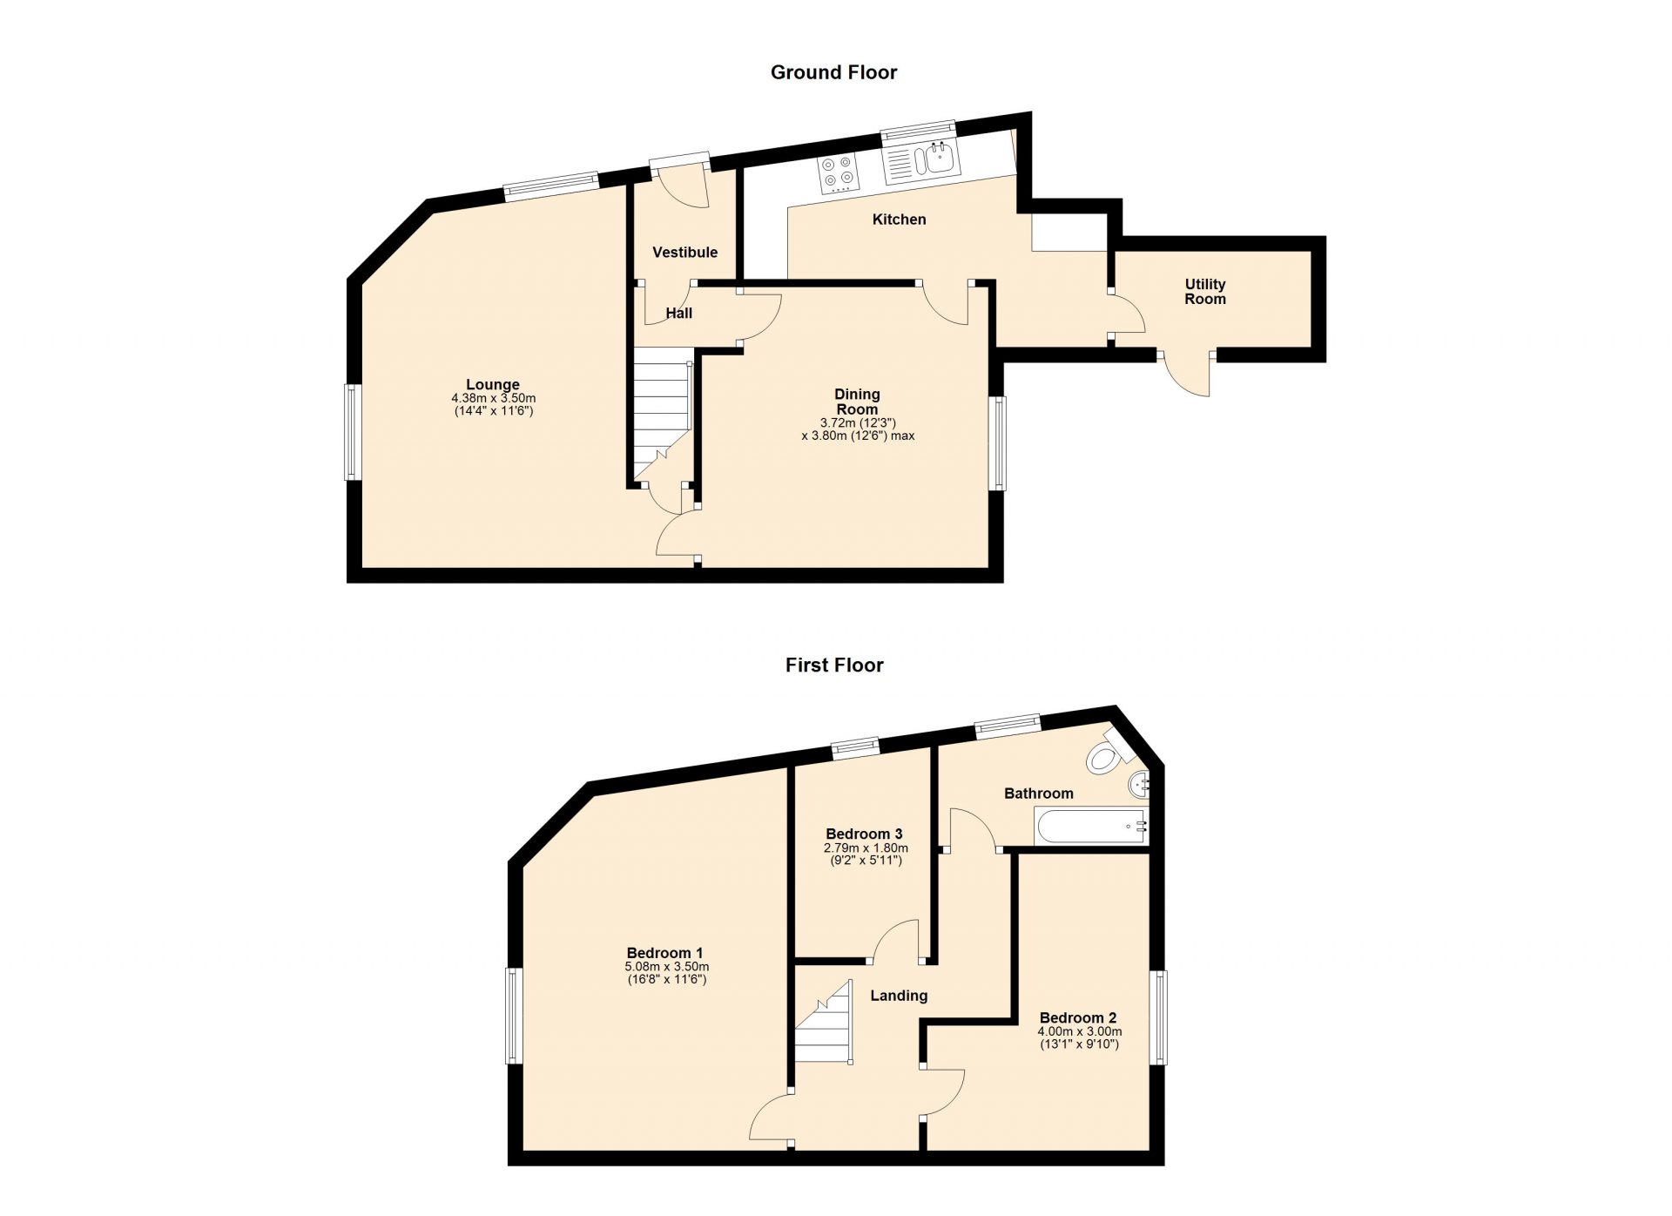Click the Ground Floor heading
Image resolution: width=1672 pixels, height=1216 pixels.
point(833,72)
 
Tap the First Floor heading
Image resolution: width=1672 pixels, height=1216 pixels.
point(833,665)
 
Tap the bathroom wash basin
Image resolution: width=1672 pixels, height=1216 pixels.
point(1139,785)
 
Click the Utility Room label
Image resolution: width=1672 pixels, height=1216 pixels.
point(1204,292)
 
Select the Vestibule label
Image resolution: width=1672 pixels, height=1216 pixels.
point(684,253)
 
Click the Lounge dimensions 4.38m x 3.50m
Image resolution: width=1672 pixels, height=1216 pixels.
point(493,398)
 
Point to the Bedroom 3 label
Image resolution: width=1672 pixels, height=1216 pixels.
point(864,834)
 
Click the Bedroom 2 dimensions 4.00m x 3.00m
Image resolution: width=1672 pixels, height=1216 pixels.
point(1079,1031)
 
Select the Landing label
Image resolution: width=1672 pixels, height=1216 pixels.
point(899,996)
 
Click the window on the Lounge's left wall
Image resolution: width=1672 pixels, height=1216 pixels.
point(353,432)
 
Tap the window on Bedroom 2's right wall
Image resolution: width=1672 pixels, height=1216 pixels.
point(1161,1017)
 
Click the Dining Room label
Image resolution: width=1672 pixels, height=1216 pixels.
point(857,402)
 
